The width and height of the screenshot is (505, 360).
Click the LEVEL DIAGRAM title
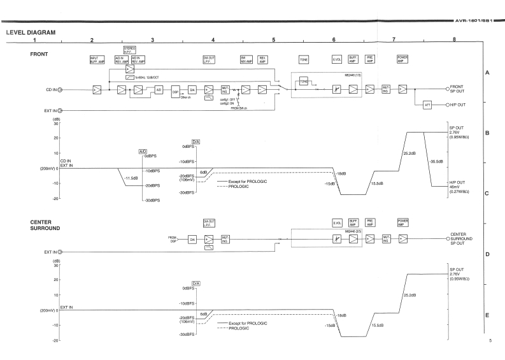click(x=31, y=31)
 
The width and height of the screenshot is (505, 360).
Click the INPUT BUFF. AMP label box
click(x=97, y=60)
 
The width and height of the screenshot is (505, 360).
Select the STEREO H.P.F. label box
click(x=129, y=49)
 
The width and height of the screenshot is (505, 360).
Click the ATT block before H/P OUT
click(x=427, y=104)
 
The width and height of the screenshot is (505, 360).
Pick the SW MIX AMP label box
click(x=245, y=60)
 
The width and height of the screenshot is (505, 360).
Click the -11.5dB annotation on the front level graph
click(x=132, y=178)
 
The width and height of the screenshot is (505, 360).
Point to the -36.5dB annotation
click(x=436, y=161)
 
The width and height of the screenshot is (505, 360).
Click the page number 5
click(x=490, y=342)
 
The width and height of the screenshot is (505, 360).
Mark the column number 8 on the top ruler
click(x=453, y=40)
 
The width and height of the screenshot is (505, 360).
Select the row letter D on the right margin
click(x=487, y=254)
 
